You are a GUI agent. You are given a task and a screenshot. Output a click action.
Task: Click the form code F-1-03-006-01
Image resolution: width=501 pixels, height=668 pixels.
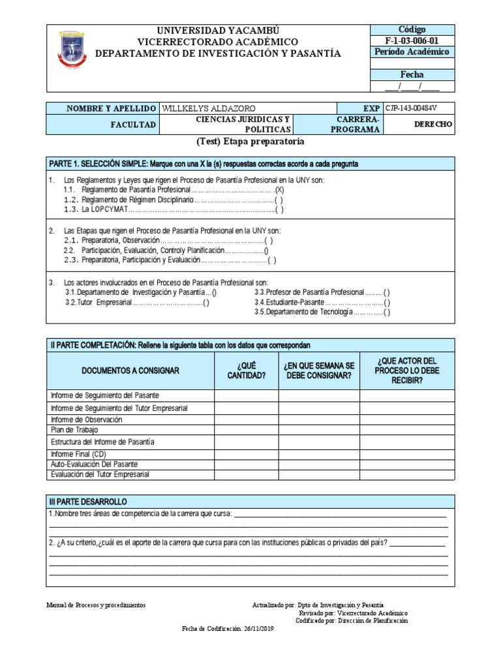412,40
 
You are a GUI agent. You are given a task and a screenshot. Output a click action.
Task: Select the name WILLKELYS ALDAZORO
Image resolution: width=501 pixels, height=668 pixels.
208,108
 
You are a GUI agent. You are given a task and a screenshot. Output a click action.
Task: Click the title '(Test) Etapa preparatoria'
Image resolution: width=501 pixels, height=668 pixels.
250,141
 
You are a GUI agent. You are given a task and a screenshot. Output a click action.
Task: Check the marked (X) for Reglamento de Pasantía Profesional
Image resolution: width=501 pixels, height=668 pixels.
279,189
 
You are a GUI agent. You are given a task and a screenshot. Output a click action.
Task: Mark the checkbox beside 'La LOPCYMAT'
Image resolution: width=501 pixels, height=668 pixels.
279,210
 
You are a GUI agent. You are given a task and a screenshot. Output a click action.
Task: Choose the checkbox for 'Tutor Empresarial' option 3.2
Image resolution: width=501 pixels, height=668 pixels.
206,303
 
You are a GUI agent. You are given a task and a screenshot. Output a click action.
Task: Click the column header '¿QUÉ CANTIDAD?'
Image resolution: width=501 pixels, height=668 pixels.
246,371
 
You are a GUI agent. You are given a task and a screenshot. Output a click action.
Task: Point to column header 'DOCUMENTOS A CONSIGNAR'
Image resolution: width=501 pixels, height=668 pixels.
130,371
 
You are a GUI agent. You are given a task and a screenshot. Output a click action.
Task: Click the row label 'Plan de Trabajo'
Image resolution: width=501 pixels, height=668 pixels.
74,430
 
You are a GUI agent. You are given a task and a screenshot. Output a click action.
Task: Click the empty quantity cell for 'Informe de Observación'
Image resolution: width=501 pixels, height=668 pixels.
246,419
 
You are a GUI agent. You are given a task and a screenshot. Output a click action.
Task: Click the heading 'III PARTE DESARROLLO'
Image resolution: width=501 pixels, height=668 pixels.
88,502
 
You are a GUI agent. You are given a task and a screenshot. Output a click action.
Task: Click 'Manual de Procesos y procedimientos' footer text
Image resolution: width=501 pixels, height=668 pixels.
97,605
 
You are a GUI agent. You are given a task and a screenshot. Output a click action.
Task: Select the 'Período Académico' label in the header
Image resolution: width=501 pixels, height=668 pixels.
412,52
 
